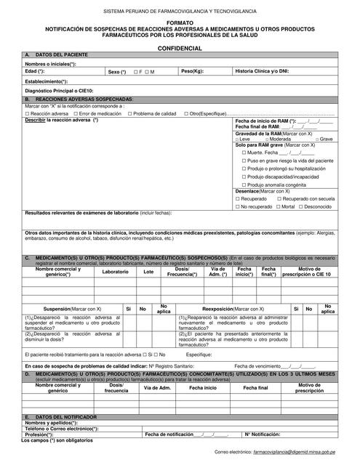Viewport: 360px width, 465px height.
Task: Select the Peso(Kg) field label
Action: pyautogui.click(x=193, y=72)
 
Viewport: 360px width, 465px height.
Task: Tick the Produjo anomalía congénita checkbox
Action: pyautogui.click(x=243, y=184)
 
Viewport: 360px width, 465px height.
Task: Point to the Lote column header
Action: pyautogui.click(x=149, y=272)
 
